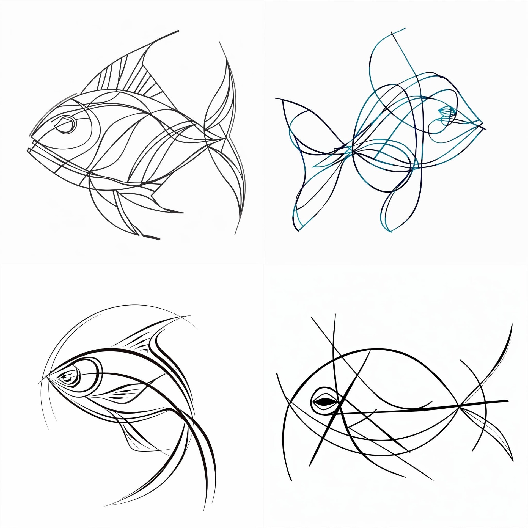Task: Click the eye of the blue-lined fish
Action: coord(446,111)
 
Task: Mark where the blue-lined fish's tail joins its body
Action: coord(351,148)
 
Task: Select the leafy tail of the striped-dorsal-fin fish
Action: coord(226,137)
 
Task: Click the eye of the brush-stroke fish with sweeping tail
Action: coord(67,377)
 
